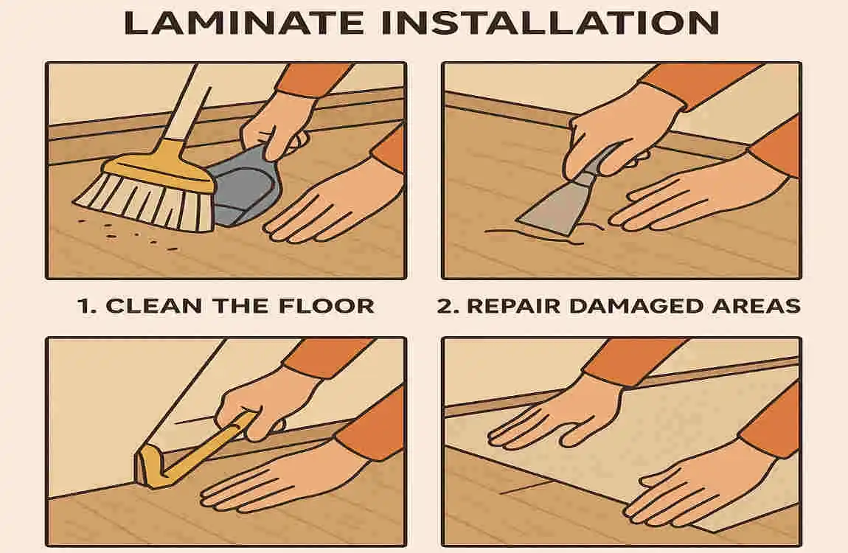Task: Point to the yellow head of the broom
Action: coord(159,169)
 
